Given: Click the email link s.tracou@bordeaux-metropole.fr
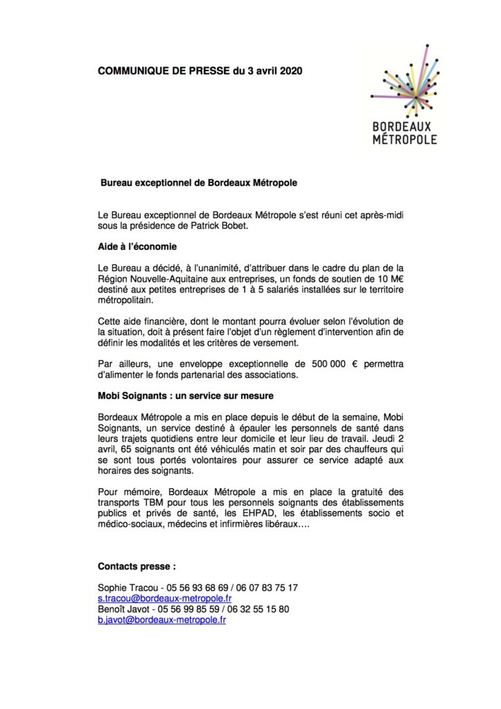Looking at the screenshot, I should point(165,598).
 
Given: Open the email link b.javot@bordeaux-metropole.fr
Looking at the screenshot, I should point(162,620).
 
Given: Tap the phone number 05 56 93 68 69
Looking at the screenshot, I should point(190,587).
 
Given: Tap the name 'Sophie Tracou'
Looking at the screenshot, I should point(126,587).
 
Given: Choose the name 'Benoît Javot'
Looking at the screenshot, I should point(123,609).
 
